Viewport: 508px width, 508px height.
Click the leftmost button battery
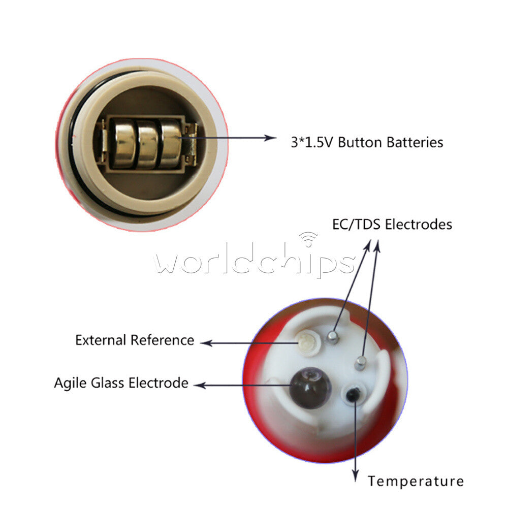pos(123,144)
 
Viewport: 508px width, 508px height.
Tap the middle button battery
pos(148,144)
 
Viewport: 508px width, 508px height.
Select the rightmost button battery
pos(170,144)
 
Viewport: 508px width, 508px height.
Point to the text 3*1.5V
pos(312,143)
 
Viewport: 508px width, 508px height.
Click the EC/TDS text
pos(356,225)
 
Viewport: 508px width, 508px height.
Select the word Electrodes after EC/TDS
pos(419,225)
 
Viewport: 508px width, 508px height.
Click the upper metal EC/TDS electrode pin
pos(332,336)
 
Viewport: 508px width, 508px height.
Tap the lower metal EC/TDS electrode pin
pos(360,363)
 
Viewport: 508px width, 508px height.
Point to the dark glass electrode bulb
pos(310,388)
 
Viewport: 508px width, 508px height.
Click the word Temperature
pos(416,481)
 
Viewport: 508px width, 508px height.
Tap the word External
pos(101,340)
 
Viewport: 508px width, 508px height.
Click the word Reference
pos(163,340)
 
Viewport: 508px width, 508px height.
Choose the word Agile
pos(70,383)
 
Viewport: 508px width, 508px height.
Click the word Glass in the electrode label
pos(108,383)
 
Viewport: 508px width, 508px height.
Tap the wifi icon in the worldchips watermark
pos(308,239)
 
